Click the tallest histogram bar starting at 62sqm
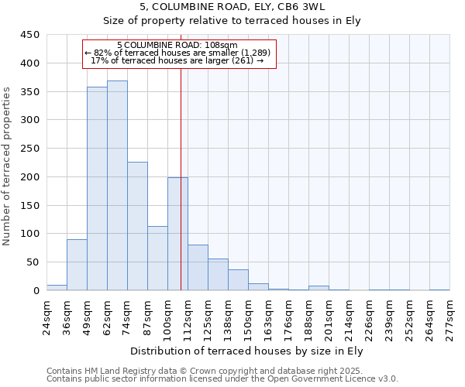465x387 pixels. pyautogui.click(x=117, y=186)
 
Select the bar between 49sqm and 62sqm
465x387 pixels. pyautogui.click(x=97, y=189)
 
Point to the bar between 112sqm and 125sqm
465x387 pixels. pyautogui.click(x=198, y=268)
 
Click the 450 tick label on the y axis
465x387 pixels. pyautogui.click(x=30, y=35)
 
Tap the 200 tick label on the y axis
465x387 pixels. pyautogui.click(x=30, y=177)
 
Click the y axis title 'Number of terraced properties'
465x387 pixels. pyautogui.click(x=7, y=166)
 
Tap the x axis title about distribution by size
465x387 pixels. pyautogui.click(x=247, y=351)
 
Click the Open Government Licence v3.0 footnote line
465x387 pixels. pyautogui.click(x=222, y=378)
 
